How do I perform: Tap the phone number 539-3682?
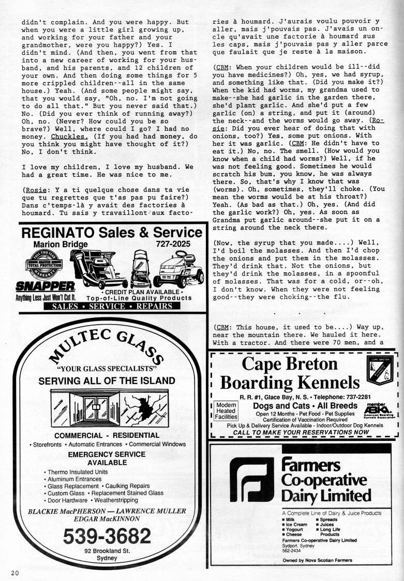(107, 537)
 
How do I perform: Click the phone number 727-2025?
(173, 244)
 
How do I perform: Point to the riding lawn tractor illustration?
(173, 270)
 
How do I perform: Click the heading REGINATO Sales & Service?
(112, 232)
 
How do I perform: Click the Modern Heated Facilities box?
(227, 410)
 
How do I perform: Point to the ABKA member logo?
(375, 408)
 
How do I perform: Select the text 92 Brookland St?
(107, 551)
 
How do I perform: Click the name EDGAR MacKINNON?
(107, 519)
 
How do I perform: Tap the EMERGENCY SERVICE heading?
(107, 454)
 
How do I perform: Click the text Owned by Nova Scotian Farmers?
(318, 560)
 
